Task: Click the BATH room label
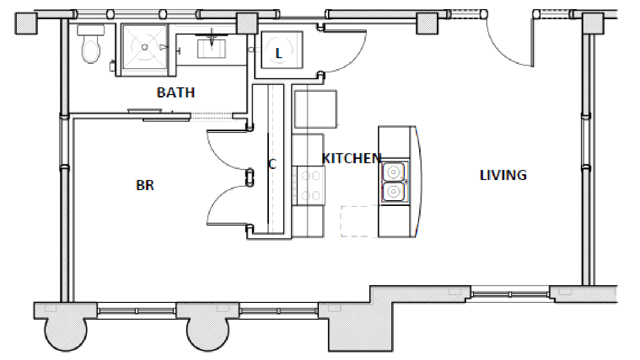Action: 176,92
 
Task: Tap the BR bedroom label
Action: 145,185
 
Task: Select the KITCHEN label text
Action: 351,158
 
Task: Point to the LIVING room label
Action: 503,175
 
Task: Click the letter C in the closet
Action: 272,165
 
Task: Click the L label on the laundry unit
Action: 279,54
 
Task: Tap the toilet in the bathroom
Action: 90,46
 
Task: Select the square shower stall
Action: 145,47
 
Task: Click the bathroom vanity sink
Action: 212,48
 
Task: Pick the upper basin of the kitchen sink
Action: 394,171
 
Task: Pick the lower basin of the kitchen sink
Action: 394,192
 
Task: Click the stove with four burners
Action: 309,186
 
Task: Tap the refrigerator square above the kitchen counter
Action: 315,109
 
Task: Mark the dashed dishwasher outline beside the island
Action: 359,221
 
